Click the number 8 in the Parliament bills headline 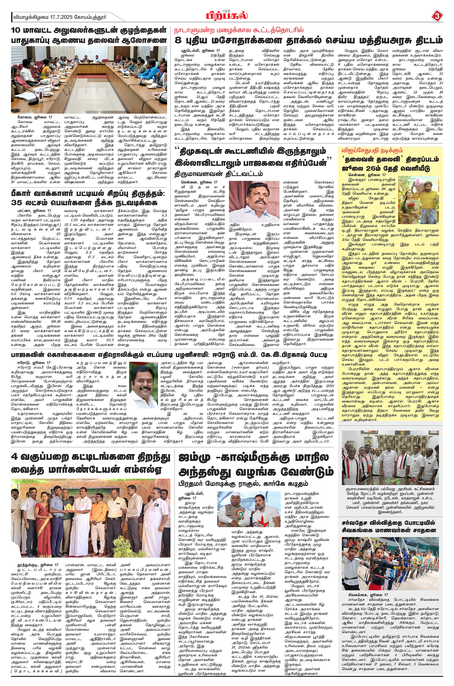(179, 40)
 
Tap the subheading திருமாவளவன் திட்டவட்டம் (219, 174)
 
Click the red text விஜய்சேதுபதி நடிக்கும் (368, 151)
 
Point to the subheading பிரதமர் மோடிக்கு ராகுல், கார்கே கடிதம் (243, 484)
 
